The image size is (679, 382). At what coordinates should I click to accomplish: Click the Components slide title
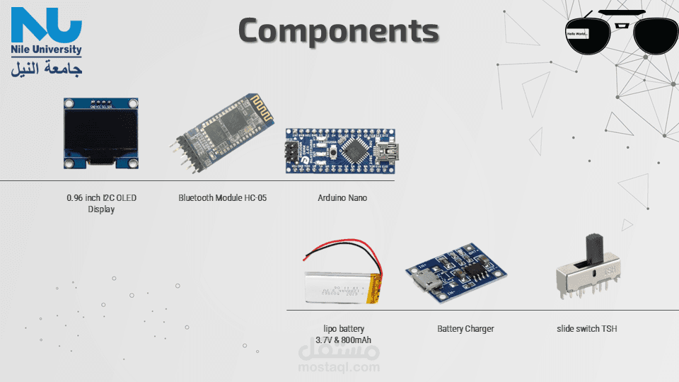(x=338, y=31)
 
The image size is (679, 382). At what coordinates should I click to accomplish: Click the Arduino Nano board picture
(x=339, y=150)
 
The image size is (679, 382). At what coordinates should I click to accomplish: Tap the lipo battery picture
(x=344, y=283)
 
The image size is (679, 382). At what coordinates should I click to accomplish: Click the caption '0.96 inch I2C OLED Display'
(x=101, y=203)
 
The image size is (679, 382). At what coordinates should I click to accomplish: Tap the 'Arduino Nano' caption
(x=342, y=198)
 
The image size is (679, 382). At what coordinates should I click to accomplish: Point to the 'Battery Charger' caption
(x=465, y=329)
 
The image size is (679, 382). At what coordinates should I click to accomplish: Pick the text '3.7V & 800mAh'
(x=344, y=340)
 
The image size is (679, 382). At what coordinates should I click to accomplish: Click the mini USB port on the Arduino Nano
(x=387, y=151)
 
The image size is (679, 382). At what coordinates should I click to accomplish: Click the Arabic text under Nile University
(x=47, y=69)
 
